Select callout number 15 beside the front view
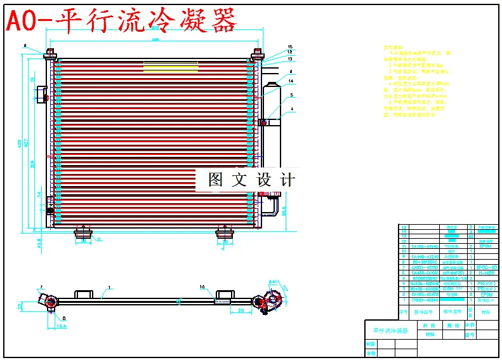[x=290, y=47]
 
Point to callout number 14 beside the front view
[x=290, y=81]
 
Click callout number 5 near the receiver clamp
[x=291, y=95]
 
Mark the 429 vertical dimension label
[x=19, y=143]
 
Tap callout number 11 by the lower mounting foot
[x=99, y=239]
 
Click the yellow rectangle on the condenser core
[x=171, y=67]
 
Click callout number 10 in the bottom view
[x=202, y=288]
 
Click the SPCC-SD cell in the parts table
[x=485, y=268]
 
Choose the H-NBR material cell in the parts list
[x=485, y=273]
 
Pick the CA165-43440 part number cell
[x=425, y=295]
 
